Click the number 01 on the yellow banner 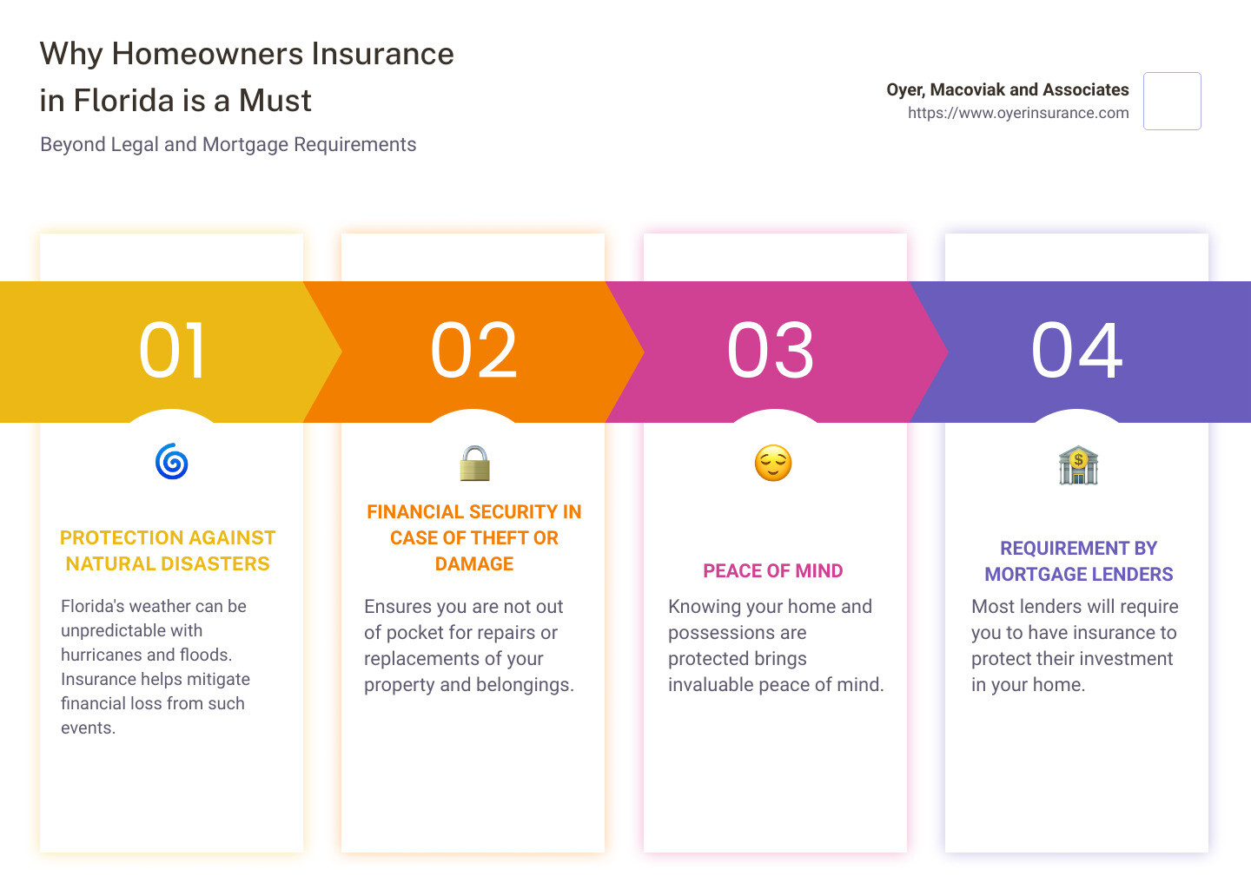click(x=172, y=351)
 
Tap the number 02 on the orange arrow click(x=473, y=351)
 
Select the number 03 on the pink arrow click(x=770, y=351)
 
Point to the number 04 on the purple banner click(x=1076, y=351)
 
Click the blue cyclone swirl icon click(x=171, y=462)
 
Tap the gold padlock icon click(x=474, y=464)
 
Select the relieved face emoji click(x=773, y=464)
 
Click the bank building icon click(x=1078, y=464)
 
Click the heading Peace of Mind click(x=773, y=570)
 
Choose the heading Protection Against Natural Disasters click(x=168, y=550)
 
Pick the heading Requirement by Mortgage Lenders click(x=1078, y=561)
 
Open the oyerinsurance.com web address click(x=1018, y=113)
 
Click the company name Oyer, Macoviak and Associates click(x=1008, y=89)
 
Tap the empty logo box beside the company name click(x=1172, y=101)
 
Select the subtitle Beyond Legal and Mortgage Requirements click(x=228, y=144)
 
